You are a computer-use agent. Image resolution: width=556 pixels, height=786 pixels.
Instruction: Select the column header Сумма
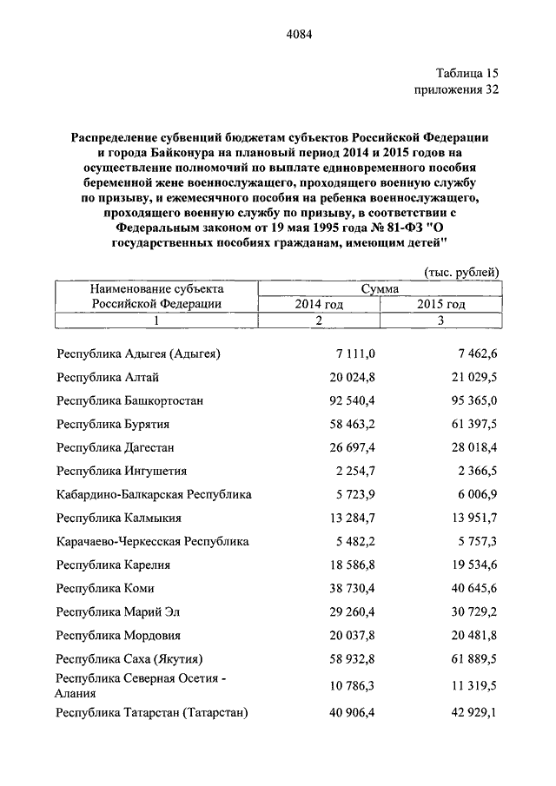(382, 288)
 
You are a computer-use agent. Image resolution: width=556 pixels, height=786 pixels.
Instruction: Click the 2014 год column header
(320, 304)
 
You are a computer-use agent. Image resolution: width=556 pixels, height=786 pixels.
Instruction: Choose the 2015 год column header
(440, 304)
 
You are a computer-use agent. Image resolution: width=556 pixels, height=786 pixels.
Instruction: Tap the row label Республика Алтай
(108, 377)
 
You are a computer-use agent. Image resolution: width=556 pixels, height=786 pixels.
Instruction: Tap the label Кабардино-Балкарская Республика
(154, 494)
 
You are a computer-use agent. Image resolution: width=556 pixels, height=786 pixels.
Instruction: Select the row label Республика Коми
(106, 588)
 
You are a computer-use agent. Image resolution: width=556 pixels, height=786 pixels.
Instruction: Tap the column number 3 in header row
(440, 320)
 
